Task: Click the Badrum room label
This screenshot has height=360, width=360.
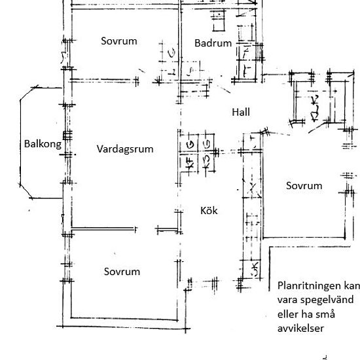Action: tap(213, 43)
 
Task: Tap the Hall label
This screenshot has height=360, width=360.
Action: tap(241, 112)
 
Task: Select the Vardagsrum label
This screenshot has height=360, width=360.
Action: tap(125, 149)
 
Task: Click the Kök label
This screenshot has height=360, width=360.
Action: tap(209, 211)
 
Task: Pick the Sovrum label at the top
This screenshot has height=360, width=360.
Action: tap(119, 41)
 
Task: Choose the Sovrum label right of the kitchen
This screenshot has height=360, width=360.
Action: tap(304, 185)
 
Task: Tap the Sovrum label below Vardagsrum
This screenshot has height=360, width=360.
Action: tap(122, 271)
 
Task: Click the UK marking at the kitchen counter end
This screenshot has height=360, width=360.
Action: tap(253, 269)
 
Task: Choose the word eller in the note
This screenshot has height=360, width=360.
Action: tap(288, 315)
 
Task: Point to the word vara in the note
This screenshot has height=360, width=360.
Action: tap(288, 300)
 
